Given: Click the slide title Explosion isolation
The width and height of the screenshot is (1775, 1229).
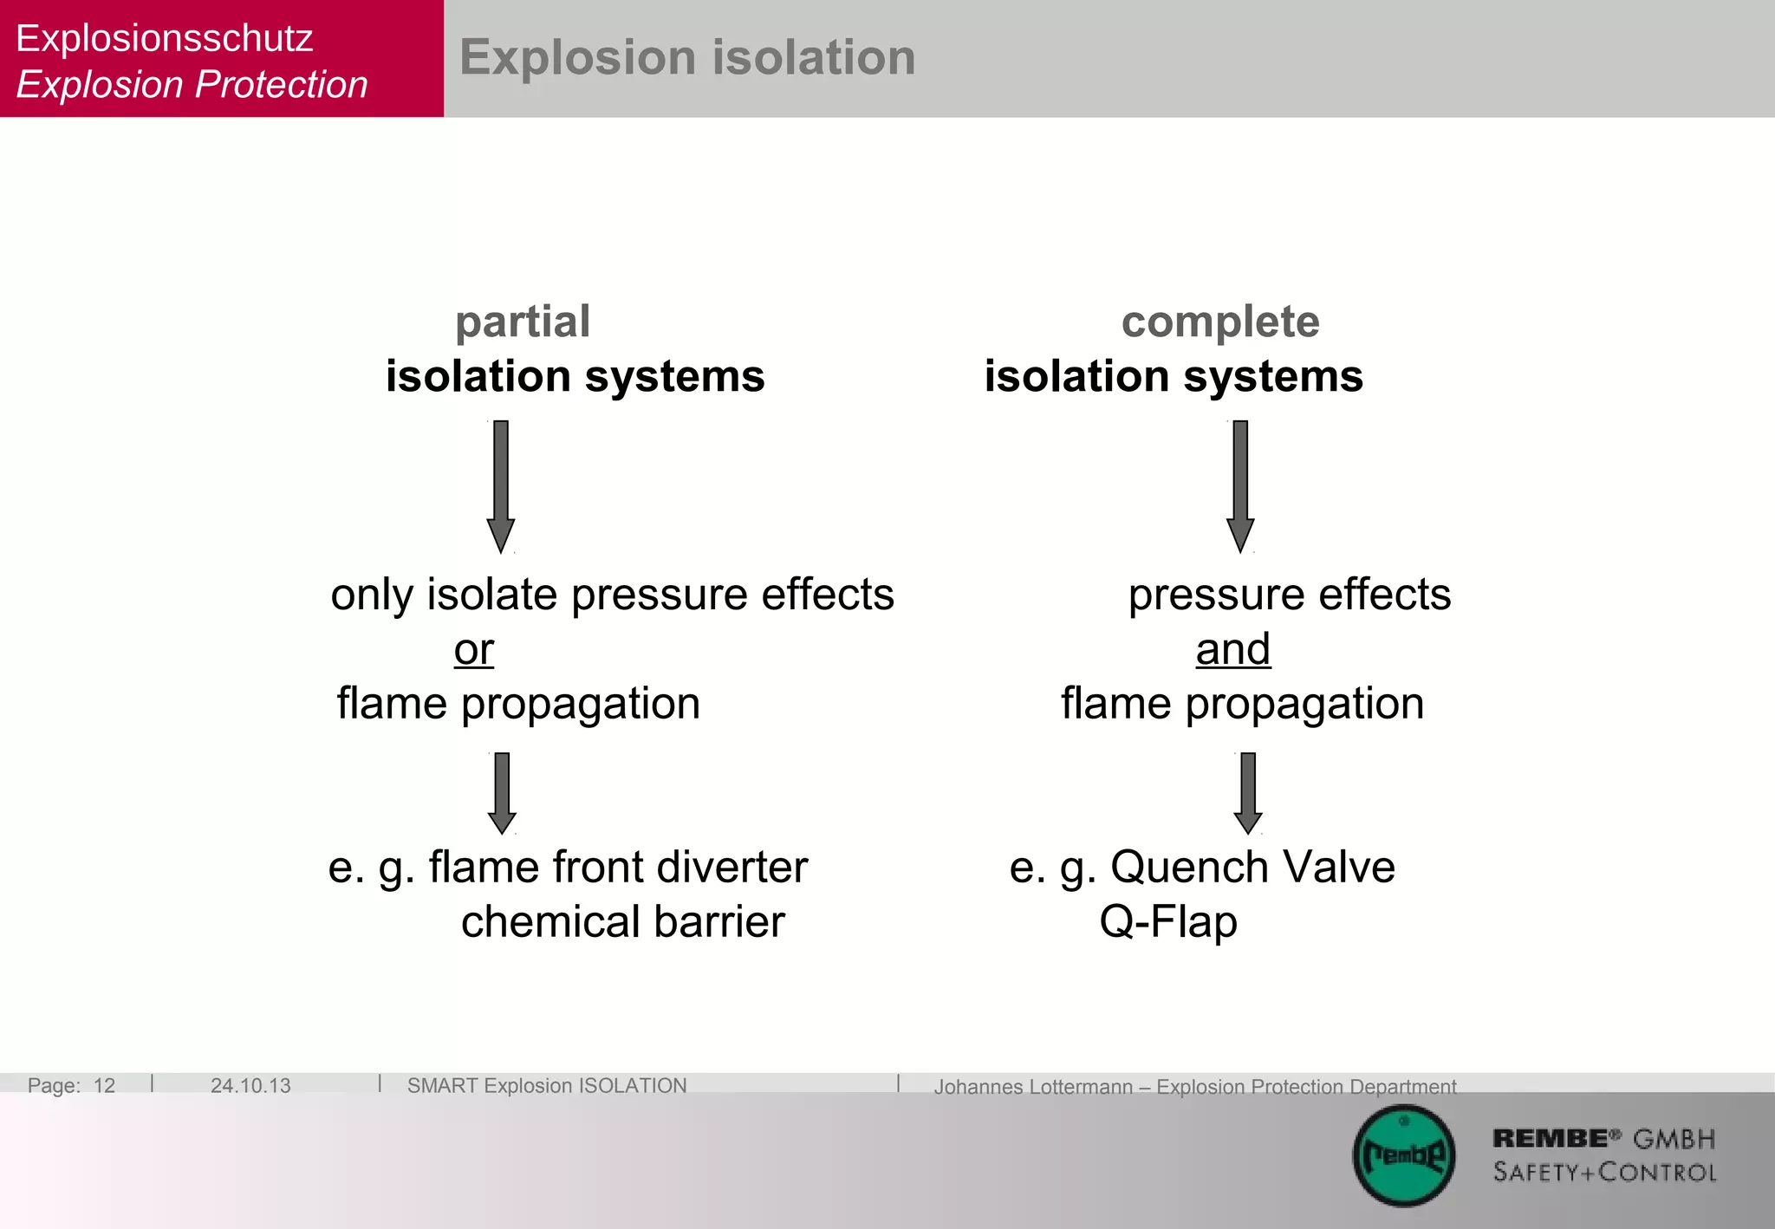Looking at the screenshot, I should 686,58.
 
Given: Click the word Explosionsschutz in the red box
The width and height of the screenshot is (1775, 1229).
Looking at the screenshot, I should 165,38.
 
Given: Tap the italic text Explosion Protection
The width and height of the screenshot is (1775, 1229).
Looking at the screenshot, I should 192,85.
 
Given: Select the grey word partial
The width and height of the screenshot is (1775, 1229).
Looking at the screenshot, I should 523,322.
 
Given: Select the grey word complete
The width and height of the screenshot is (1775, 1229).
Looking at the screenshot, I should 1219,322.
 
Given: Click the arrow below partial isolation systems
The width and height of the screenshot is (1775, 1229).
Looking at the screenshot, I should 501,485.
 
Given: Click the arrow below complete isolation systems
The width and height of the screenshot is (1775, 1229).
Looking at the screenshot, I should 1240,485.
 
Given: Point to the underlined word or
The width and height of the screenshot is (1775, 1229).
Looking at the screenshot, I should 474,649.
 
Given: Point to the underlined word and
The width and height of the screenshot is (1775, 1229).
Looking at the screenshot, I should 1232,649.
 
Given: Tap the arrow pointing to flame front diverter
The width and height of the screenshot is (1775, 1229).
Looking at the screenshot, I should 502,792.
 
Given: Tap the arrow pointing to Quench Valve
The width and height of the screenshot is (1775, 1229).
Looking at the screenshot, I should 1248,792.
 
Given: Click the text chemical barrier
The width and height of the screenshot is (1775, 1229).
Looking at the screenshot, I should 622,921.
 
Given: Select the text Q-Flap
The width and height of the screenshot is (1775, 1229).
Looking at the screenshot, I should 1168,921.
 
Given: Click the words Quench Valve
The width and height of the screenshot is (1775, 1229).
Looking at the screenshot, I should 1252,867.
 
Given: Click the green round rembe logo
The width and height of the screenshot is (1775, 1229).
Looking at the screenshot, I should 1403,1155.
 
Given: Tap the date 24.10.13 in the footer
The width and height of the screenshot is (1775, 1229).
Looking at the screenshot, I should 250,1085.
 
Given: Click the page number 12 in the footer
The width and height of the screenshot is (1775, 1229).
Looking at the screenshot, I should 104,1085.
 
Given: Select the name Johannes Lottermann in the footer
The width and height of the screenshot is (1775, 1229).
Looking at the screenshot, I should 1033,1086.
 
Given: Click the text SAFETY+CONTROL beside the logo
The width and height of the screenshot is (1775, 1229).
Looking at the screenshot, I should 1604,1173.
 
